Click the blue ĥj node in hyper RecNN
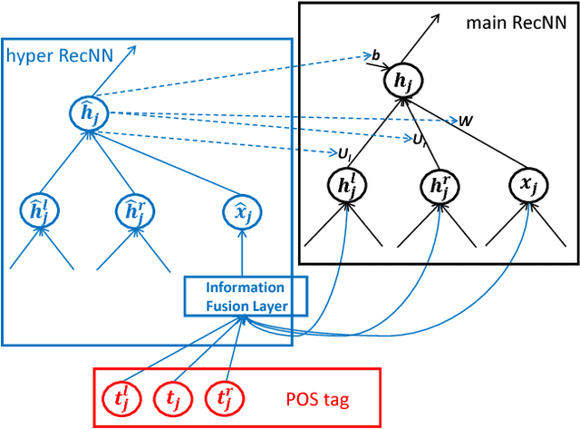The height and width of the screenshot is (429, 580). (x=89, y=114)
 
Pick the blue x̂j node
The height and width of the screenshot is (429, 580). (x=242, y=212)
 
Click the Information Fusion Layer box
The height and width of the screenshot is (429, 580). (x=246, y=297)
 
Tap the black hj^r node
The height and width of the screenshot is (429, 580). (x=438, y=187)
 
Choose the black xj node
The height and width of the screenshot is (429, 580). (x=527, y=186)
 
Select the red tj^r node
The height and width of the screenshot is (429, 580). (x=219, y=395)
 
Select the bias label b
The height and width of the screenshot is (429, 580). (x=376, y=56)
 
